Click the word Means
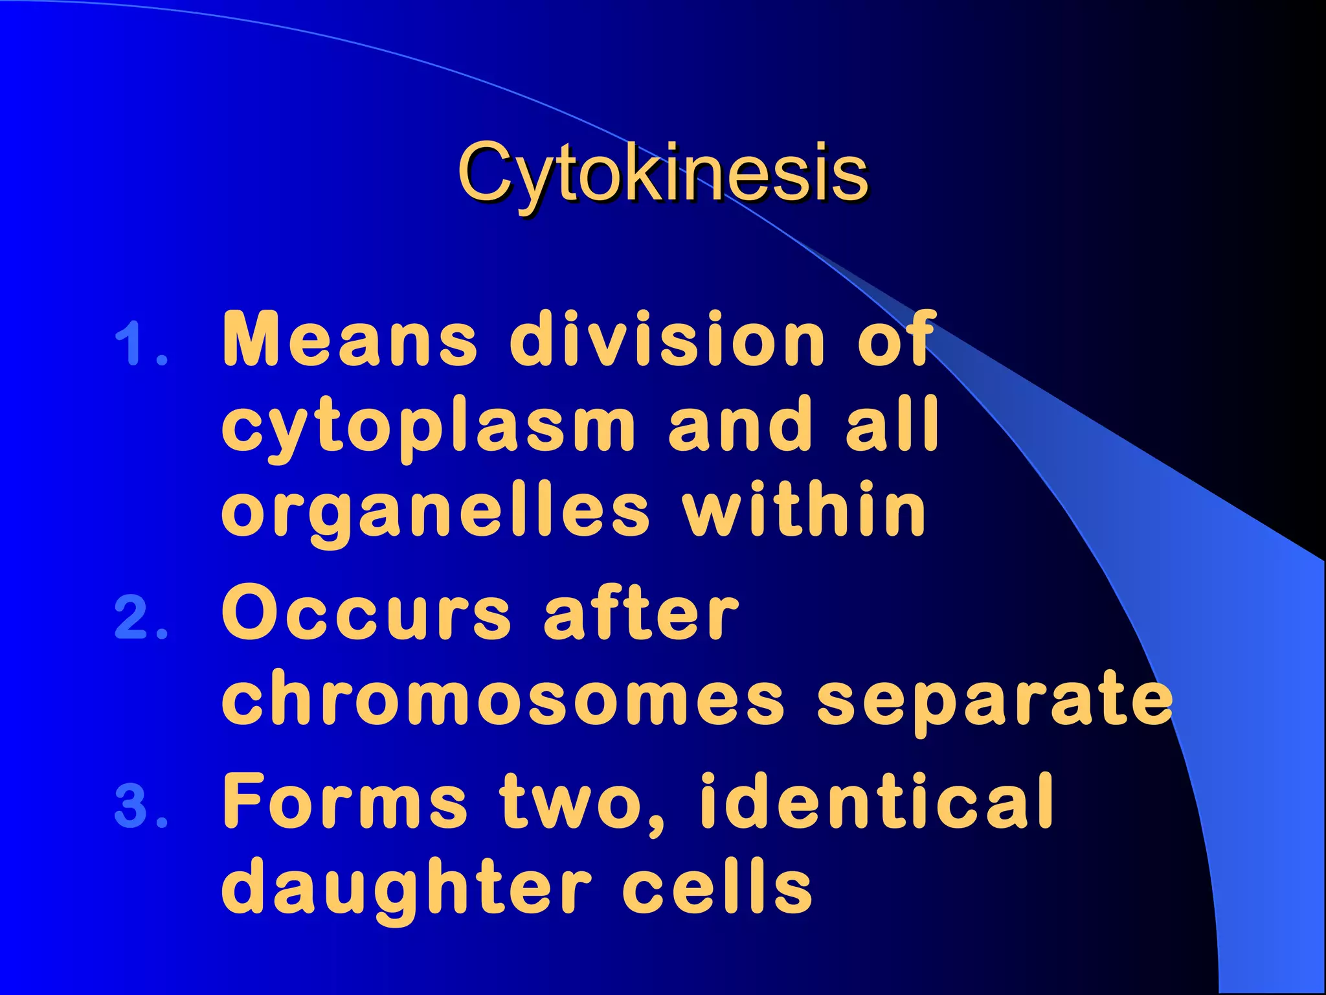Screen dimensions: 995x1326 click(x=350, y=339)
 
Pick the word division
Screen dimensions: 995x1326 click(x=667, y=339)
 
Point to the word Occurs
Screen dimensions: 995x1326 click(x=366, y=613)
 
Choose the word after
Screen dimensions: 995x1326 click(x=641, y=613)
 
